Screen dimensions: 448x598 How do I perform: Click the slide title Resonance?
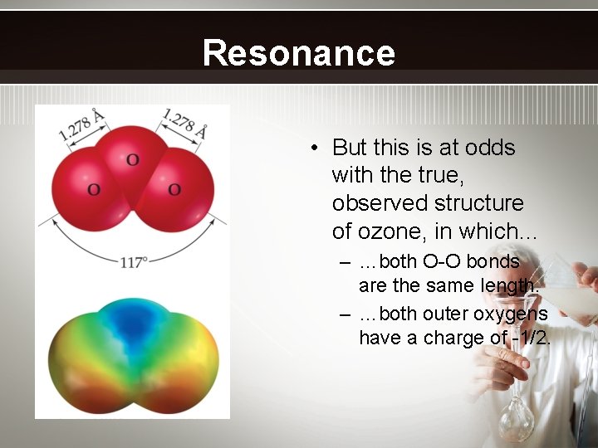click(298, 52)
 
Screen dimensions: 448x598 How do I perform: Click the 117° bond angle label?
click(134, 262)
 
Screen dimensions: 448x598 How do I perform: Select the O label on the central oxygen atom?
click(132, 158)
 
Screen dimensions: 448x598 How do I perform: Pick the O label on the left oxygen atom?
click(93, 190)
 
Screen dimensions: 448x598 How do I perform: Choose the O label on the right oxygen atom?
click(174, 190)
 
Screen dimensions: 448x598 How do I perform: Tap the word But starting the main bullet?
click(350, 148)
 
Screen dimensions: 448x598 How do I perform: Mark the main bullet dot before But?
click(316, 149)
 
